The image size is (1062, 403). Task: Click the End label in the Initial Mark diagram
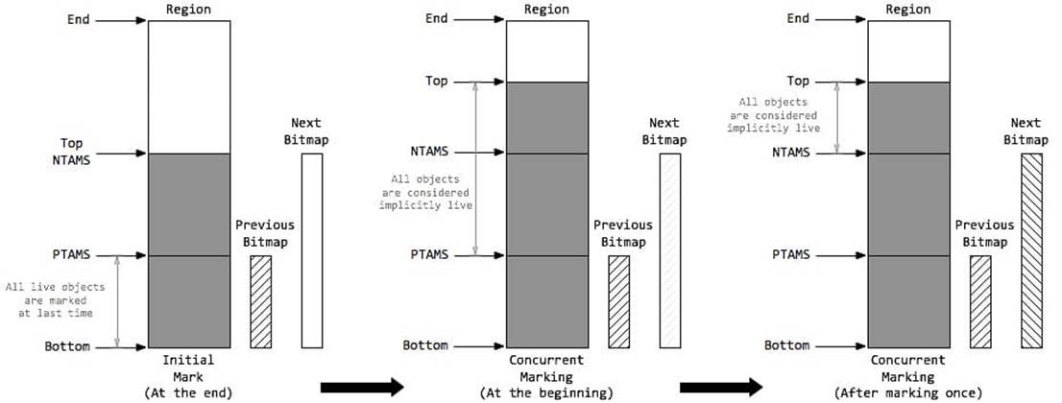click(78, 19)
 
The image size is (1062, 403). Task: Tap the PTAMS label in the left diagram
click(72, 255)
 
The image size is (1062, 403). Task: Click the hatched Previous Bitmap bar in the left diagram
click(261, 301)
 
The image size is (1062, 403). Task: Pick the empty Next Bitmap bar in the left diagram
click(311, 249)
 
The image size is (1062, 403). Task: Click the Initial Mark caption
click(189, 368)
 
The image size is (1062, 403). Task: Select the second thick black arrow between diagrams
click(721, 387)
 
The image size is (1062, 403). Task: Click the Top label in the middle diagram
click(435, 82)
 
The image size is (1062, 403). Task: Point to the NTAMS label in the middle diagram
click(430, 153)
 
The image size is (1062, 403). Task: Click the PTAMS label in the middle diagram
click(430, 255)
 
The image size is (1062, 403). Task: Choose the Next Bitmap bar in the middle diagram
click(669, 249)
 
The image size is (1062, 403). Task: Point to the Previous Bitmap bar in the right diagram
click(980, 301)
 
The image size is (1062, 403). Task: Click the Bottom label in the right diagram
click(789, 346)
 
